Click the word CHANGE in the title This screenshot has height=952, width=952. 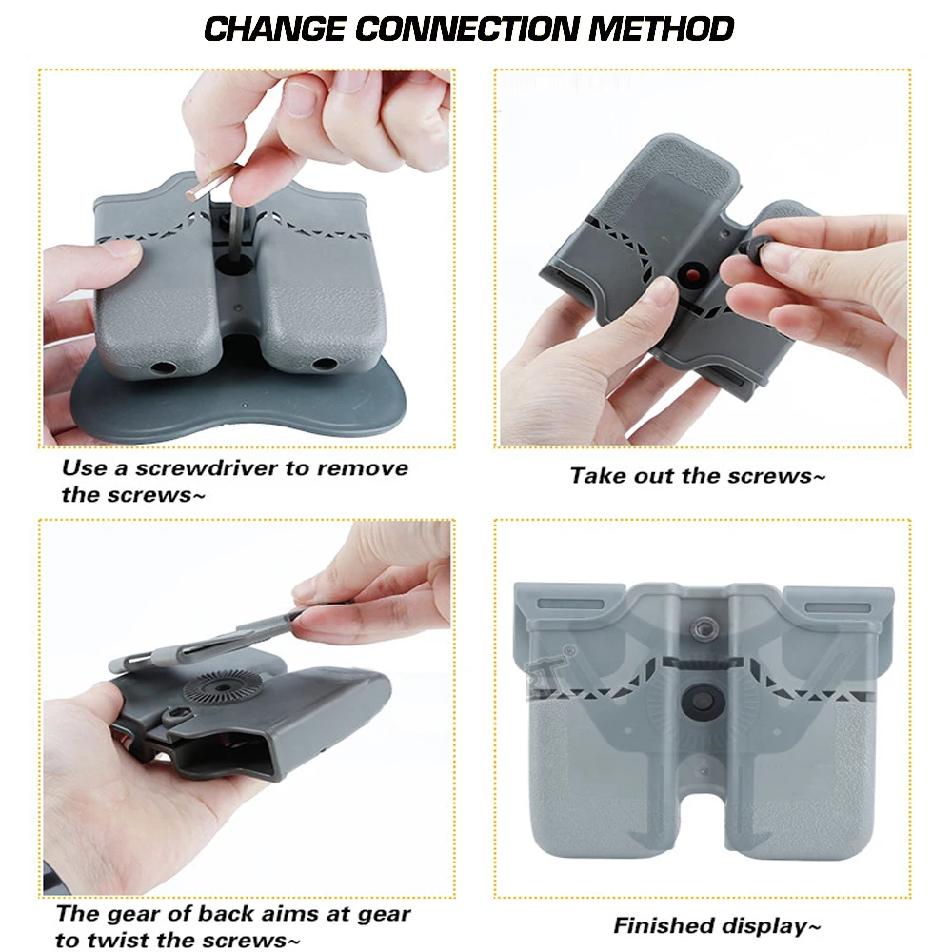click(274, 29)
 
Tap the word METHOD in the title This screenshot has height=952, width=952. click(661, 29)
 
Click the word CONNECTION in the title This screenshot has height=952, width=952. click(466, 29)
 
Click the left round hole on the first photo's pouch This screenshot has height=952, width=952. click(162, 367)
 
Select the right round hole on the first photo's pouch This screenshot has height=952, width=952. click(324, 365)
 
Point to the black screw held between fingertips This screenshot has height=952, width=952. click(753, 247)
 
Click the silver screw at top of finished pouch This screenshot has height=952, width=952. click(704, 629)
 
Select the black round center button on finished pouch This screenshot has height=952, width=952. click(703, 702)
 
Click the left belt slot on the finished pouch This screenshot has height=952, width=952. click(570, 605)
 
